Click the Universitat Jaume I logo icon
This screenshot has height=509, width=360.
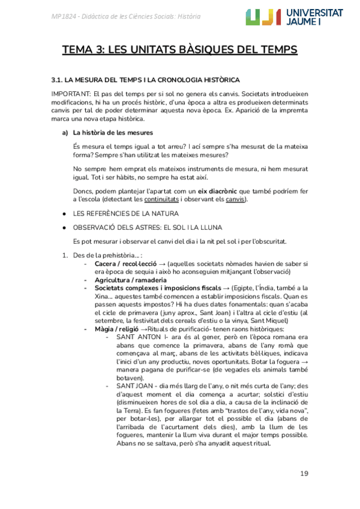coord(263,17)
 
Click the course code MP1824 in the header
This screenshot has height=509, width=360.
coord(65,16)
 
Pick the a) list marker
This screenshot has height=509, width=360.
coord(58,133)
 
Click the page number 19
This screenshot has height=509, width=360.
coord(305,474)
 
